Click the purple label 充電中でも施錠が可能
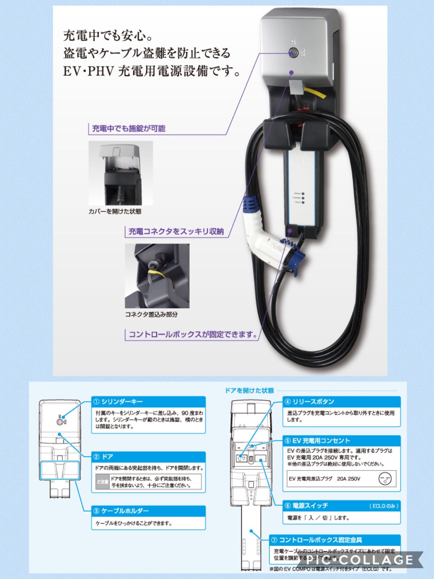[x=129, y=129]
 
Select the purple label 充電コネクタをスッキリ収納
[x=176, y=232]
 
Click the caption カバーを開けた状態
[x=115, y=211]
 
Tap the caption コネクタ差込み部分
[x=151, y=314]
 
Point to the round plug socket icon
[x=385, y=479]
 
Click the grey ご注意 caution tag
[x=102, y=482]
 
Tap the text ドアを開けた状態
[x=249, y=391]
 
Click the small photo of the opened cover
[x=121, y=173]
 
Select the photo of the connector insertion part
[x=157, y=276]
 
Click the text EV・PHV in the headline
[x=88, y=71]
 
